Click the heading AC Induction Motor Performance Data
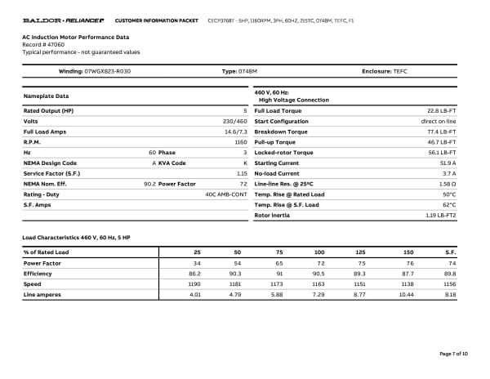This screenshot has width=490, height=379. click(76, 38)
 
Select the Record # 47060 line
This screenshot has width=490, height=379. click(43, 45)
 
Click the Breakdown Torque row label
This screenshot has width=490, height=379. click(281, 132)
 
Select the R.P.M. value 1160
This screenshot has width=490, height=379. click(240, 142)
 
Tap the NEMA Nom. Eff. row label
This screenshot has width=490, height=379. click(46, 184)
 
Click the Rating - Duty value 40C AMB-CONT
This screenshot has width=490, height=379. click(225, 194)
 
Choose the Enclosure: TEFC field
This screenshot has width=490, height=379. click(384, 71)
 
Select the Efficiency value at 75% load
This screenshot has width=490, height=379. click(280, 274)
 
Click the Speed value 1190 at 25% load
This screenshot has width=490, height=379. click(194, 283)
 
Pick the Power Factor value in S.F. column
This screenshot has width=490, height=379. click(450, 263)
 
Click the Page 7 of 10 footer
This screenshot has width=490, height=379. click(453, 353)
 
